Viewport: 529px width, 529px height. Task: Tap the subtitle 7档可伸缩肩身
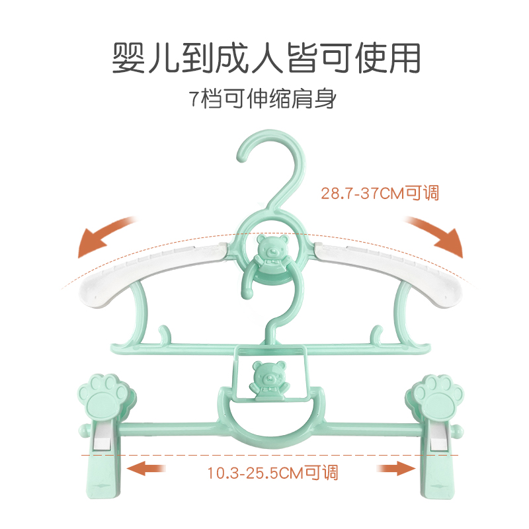pos(263,101)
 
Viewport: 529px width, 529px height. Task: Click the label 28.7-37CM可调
pos(380,194)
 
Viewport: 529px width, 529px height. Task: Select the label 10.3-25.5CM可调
pos(272,472)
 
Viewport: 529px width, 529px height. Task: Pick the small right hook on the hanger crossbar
pos(377,333)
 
